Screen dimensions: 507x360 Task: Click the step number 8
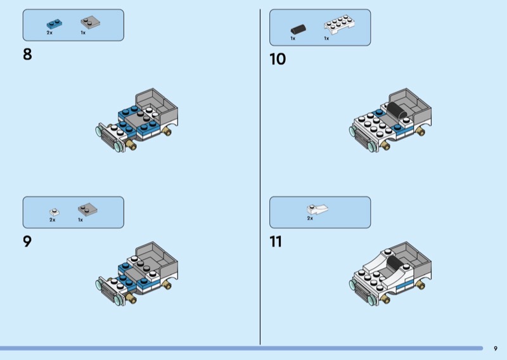click(x=27, y=54)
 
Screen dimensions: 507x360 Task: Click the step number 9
click(x=27, y=241)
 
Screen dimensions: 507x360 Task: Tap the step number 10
click(x=278, y=59)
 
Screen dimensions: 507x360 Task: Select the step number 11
click(x=276, y=241)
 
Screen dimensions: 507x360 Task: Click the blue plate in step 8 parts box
click(x=55, y=24)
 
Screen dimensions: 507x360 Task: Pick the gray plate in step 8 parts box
click(x=90, y=22)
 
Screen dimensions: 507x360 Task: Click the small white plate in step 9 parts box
click(x=55, y=212)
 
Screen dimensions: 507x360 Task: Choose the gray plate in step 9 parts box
click(x=87, y=210)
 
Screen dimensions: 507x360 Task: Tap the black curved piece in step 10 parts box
click(x=298, y=29)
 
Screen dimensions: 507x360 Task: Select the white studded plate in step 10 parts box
click(x=339, y=24)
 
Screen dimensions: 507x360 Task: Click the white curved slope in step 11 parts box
click(x=317, y=209)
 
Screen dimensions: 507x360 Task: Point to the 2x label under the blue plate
click(x=49, y=33)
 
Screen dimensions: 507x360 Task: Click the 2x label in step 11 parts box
click(x=310, y=218)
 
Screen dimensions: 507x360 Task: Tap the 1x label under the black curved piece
click(x=293, y=39)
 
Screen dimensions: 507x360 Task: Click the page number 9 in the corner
click(x=496, y=349)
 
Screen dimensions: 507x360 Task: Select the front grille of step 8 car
click(x=108, y=139)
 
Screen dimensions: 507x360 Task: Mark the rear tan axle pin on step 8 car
click(x=167, y=131)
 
